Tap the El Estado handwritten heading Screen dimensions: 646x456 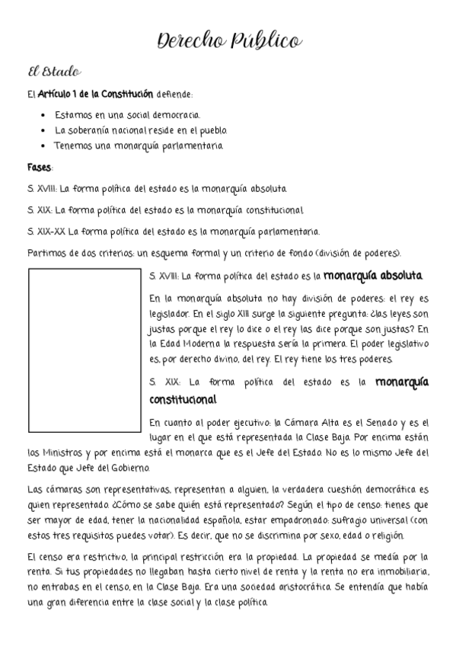click(53, 72)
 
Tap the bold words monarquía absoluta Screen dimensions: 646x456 click(373, 276)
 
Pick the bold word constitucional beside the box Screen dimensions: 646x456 click(183, 399)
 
